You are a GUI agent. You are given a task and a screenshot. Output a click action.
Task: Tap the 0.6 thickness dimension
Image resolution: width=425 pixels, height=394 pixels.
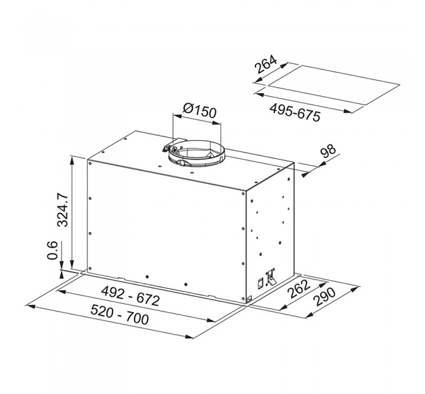coord(52,250)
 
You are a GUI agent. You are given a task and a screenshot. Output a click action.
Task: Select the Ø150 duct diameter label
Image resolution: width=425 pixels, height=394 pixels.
coord(200,111)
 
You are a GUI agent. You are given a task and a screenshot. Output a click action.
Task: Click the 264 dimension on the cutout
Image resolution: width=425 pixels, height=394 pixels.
coord(266,64)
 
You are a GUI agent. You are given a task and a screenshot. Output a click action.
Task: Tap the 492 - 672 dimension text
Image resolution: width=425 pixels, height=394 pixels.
coord(130,296)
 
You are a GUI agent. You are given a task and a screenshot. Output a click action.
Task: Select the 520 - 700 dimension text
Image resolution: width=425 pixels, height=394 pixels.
coord(119,315)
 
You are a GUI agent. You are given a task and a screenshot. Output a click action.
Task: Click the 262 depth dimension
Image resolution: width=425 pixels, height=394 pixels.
coord(298,288)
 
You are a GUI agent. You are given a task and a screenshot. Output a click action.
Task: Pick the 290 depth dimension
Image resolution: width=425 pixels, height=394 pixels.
coord(324,297)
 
